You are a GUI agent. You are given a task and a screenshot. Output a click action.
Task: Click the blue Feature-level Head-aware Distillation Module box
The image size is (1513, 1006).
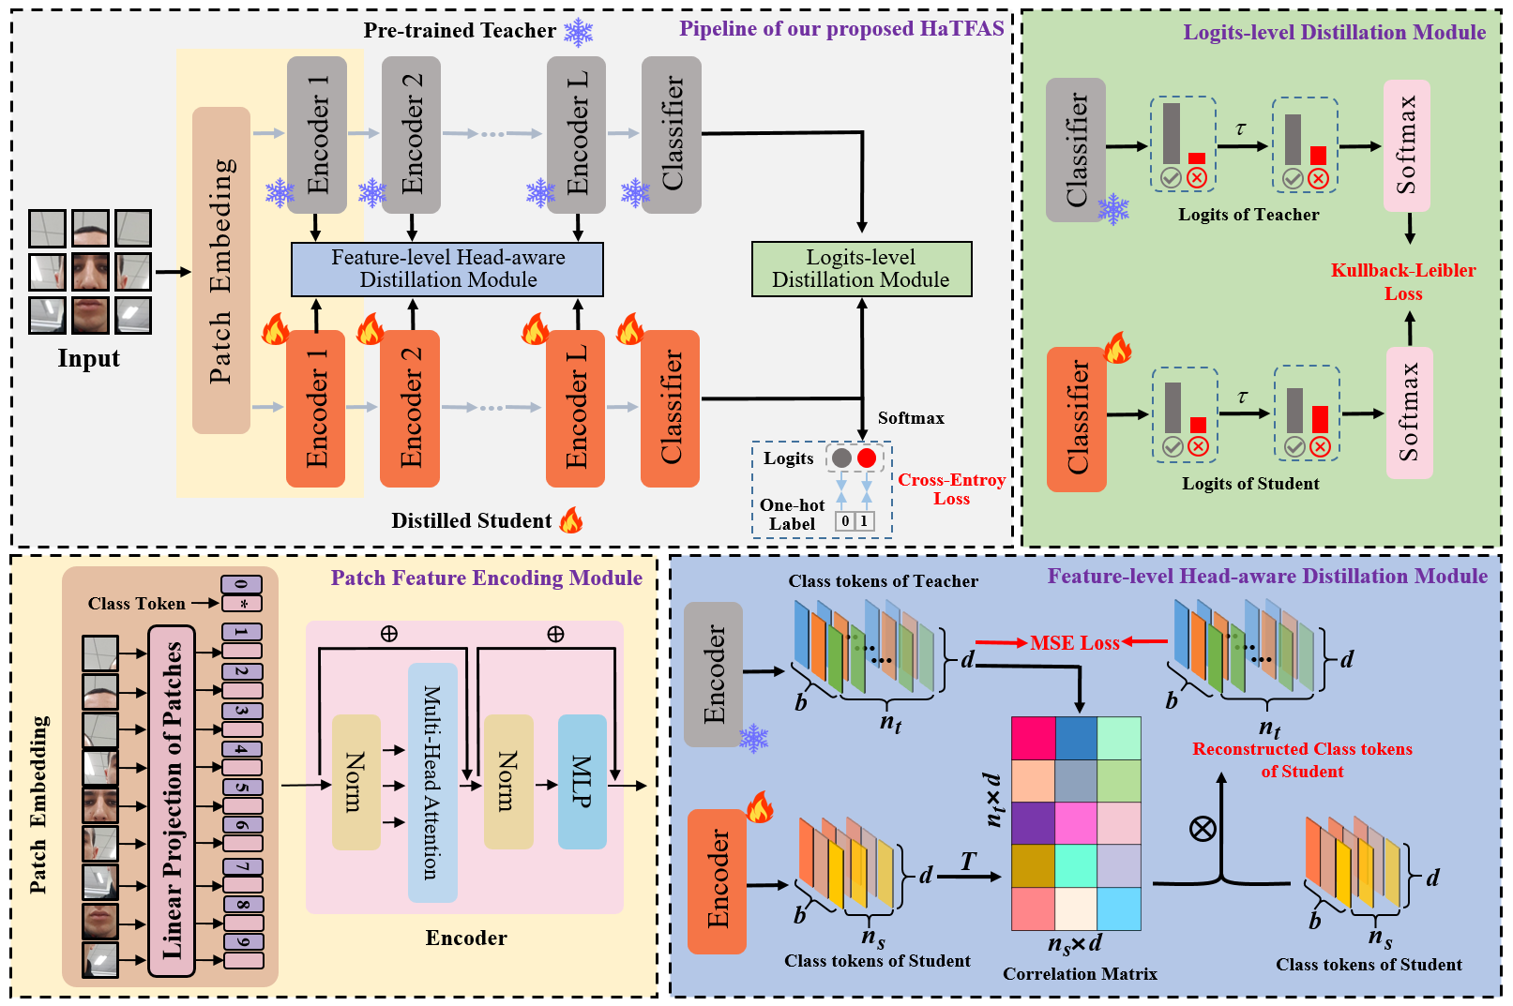447,269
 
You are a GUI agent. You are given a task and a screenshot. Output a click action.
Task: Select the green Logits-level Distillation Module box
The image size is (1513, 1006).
861,269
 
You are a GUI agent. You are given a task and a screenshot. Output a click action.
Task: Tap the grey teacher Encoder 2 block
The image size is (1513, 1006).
411,133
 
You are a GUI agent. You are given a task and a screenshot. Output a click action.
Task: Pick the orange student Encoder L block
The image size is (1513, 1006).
576,408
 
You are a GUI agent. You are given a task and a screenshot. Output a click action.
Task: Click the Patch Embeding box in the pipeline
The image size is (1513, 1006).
221,270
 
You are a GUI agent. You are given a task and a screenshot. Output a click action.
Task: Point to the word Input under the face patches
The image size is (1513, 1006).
89,359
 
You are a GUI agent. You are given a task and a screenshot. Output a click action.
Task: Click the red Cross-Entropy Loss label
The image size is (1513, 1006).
951,488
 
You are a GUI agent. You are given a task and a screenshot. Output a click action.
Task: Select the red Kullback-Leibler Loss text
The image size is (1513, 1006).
1403,281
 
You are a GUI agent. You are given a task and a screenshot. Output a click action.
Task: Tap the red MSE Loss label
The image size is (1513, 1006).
1075,643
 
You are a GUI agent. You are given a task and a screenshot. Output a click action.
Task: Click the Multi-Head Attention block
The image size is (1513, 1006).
432,782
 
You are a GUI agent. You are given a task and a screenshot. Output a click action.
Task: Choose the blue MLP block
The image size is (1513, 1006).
582,781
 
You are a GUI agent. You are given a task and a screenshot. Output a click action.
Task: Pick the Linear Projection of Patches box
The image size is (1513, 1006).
172,801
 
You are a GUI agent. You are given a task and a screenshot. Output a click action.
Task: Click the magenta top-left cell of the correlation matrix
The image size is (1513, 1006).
1033,738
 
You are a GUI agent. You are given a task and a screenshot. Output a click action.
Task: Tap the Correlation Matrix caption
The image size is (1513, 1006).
1080,974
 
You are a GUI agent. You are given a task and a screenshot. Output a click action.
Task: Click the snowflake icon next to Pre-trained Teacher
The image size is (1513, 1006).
578,32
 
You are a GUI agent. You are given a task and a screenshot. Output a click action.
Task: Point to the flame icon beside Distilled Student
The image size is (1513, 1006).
571,520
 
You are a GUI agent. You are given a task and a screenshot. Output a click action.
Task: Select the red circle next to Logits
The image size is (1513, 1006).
867,458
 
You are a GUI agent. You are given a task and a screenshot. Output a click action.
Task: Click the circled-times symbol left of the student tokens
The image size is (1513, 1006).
1203,828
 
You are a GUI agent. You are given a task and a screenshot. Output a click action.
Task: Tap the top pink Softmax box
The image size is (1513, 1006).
1406,145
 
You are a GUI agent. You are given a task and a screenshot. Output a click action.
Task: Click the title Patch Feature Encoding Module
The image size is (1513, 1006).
486,578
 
